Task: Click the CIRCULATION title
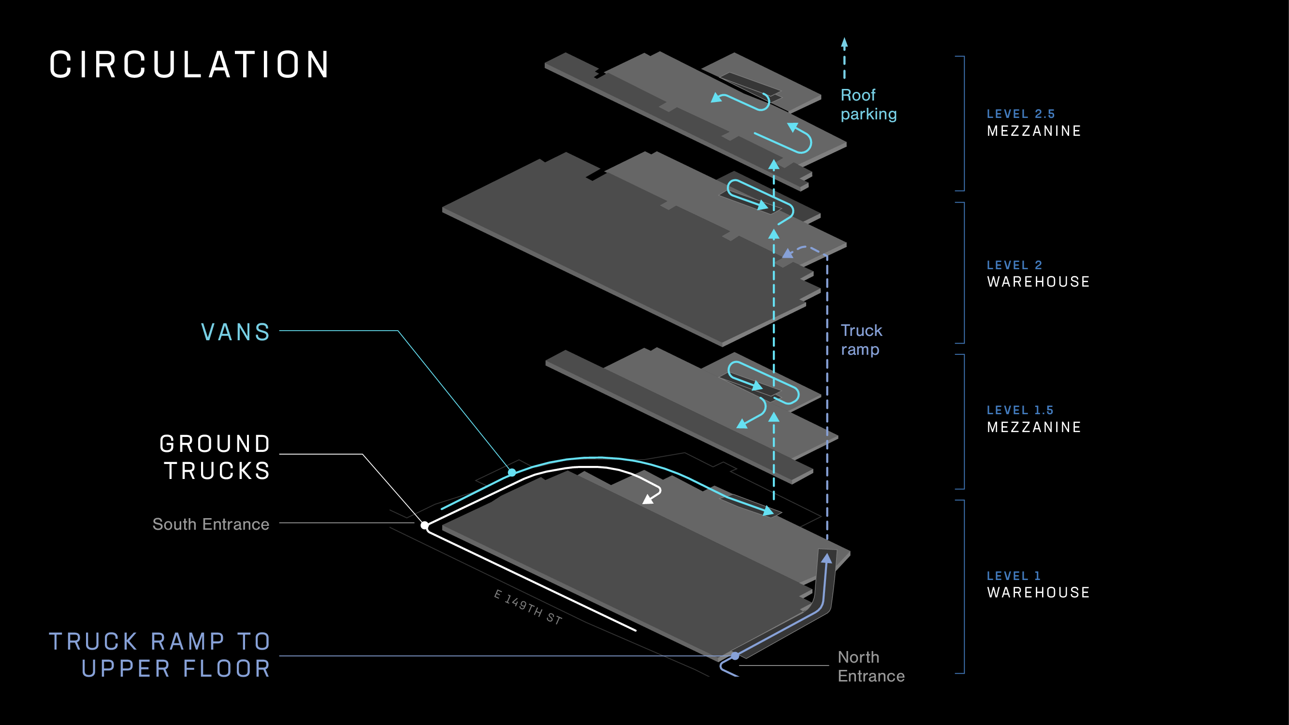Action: point(189,65)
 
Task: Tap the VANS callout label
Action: point(236,332)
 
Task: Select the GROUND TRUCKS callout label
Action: point(216,457)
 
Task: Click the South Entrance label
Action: point(211,524)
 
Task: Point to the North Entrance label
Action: point(870,667)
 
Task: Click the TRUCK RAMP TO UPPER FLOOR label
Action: point(160,655)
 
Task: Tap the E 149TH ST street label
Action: point(528,607)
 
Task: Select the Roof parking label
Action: point(868,104)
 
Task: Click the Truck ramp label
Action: point(861,340)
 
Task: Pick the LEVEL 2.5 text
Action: point(1020,114)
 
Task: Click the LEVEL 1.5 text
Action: point(1020,410)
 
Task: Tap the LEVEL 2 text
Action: point(1014,265)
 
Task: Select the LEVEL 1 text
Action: point(1014,576)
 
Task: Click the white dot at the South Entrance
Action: point(424,525)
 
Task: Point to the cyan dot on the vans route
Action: point(512,472)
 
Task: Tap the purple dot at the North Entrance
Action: point(735,655)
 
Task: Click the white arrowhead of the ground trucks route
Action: point(648,499)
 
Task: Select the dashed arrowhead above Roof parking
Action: point(844,43)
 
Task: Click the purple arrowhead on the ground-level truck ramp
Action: point(827,558)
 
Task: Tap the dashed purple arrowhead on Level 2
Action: point(788,254)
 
